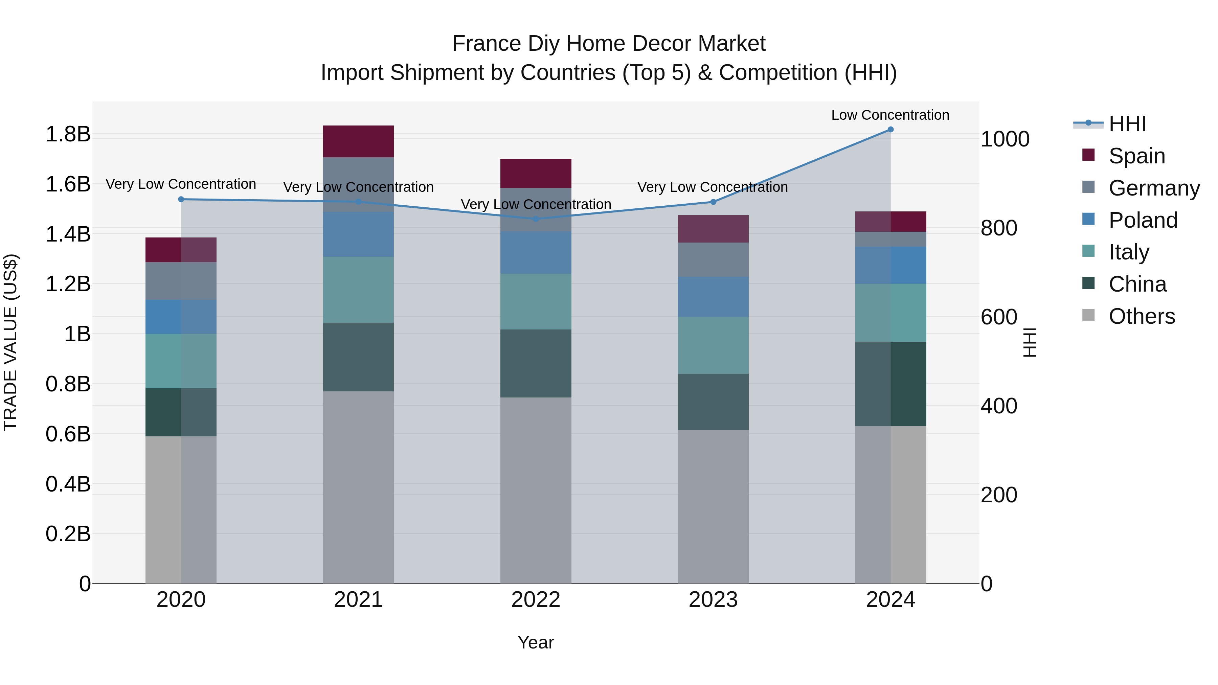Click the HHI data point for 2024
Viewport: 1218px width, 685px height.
tap(890, 130)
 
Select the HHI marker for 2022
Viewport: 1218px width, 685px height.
tap(536, 219)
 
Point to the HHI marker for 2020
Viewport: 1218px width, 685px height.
tap(181, 200)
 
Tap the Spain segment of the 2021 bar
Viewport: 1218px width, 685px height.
tap(358, 141)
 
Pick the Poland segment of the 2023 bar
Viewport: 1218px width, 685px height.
tap(713, 297)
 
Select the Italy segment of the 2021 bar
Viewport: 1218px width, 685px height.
tap(358, 290)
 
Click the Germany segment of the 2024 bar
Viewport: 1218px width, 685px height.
tap(890, 239)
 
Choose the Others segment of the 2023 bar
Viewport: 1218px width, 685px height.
tap(713, 506)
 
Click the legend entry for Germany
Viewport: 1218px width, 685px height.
tap(1154, 188)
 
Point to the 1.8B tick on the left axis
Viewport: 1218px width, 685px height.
tap(68, 134)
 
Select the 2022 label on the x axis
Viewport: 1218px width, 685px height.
tap(536, 600)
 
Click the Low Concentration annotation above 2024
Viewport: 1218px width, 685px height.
tap(890, 115)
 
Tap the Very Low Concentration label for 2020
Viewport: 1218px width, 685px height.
tap(181, 184)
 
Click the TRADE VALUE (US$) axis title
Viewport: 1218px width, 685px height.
tap(11, 342)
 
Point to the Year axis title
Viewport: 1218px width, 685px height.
tap(536, 642)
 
